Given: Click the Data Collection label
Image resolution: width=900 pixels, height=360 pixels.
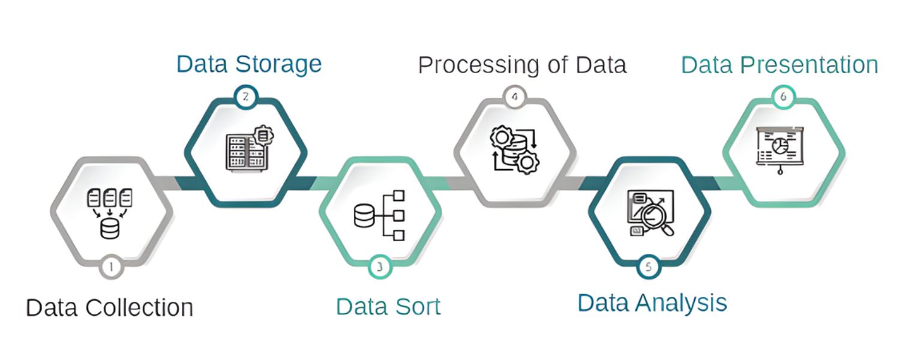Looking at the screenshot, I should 109,307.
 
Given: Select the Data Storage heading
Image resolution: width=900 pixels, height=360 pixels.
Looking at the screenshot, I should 249,64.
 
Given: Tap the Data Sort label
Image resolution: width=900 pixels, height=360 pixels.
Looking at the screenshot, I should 388,306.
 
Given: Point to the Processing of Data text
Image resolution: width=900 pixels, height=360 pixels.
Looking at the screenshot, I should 522,65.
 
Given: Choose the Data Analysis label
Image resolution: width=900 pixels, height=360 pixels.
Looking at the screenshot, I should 652,302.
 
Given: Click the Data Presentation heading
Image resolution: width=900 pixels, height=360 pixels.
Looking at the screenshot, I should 779,64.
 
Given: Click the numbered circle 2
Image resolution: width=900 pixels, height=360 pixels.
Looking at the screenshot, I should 245,97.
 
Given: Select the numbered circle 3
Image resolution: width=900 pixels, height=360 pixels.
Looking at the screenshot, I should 379,267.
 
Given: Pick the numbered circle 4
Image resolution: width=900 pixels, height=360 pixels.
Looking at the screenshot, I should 515,97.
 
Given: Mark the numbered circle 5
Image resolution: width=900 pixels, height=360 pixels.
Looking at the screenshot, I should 648,267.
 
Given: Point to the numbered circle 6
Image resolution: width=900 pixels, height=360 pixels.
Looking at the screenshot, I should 783,97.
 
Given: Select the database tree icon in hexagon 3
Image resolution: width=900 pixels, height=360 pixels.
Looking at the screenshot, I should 379,215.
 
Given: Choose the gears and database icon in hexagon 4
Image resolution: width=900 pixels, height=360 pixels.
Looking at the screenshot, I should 515,150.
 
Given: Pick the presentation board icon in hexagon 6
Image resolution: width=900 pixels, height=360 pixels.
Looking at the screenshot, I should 779,148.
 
